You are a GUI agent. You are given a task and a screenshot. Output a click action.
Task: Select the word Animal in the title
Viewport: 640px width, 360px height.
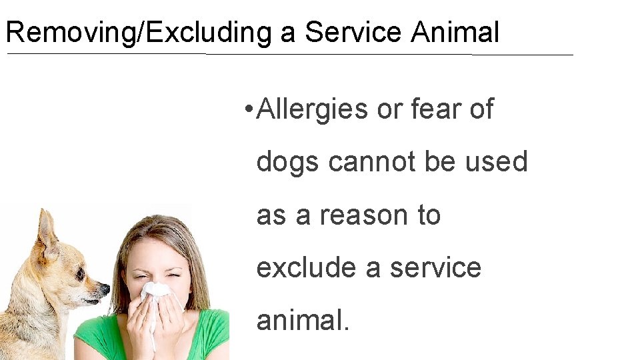[455, 32]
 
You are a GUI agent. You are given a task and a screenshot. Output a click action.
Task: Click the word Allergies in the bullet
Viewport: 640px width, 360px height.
[312, 109]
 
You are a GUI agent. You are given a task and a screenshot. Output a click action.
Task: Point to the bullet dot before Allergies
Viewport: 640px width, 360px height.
[247, 109]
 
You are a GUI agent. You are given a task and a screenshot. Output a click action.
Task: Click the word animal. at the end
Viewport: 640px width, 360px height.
[303, 321]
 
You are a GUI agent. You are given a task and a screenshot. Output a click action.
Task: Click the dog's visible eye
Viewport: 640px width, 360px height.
[80, 273]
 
